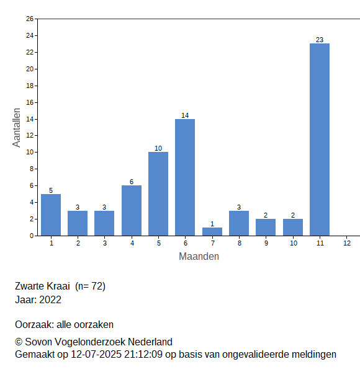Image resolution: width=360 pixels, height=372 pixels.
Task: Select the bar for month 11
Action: (320, 139)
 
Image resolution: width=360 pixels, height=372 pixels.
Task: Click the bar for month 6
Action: (185, 177)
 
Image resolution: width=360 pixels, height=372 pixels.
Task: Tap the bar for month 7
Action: (212, 231)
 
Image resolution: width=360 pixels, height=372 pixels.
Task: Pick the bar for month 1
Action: (51, 215)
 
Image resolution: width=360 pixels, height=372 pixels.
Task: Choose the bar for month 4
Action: (132, 210)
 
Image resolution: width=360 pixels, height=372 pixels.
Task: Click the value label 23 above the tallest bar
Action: (320, 40)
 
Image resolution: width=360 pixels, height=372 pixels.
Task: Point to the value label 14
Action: (185, 115)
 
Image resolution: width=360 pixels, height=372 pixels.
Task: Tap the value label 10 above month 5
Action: (158, 148)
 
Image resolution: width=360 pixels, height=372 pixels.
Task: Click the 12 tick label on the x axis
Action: (347, 243)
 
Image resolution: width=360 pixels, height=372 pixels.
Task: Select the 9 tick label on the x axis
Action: (266, 243)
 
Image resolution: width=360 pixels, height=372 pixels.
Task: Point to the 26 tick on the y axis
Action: (30, 19)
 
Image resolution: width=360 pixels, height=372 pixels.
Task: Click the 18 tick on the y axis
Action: (30, 86)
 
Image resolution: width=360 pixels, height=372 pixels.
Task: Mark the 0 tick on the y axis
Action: (32, 236)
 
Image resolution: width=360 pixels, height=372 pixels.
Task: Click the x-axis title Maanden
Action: (199, 257)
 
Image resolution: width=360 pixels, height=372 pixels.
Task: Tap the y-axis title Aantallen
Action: (16, 128)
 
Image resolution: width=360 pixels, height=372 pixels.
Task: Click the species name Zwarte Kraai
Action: (42, 286)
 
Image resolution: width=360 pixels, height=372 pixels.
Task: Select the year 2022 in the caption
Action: (50, 299)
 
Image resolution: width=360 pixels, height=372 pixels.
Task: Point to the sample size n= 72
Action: (90, 286)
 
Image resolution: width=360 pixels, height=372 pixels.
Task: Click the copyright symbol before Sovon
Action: (19, 342)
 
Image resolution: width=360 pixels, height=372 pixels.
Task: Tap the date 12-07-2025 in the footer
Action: (96, 355)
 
